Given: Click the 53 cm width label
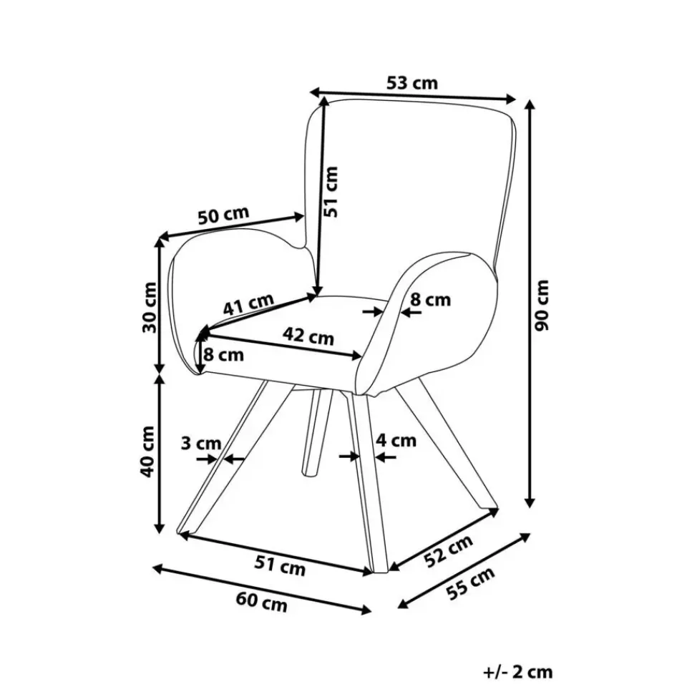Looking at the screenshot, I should click(411, 83).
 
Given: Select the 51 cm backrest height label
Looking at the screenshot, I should click(329, 191).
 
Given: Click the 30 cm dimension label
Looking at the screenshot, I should click(149, 308).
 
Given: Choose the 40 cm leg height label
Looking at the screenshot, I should click(148, 451).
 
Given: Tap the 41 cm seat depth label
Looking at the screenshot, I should click(248, 306).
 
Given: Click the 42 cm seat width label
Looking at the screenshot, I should click(308, 336).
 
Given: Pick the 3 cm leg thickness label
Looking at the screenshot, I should click(200, 444).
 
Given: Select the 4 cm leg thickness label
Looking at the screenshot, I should click(396, 440).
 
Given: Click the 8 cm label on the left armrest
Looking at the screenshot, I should click(223, 354).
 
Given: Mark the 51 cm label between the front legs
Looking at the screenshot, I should click(280, 566).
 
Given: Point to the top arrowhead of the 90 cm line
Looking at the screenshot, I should click(530, 104).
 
